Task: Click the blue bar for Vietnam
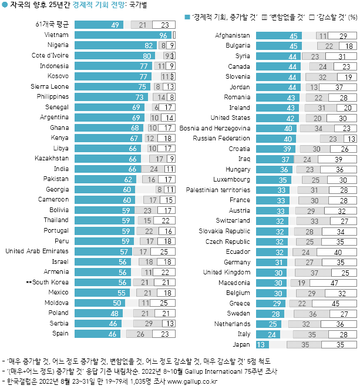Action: click(x=123, y=35)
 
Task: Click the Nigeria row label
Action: click(x=58, y=45)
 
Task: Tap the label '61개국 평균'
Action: click(x=52, y=25)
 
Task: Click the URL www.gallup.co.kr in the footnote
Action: click(x=194, y=381)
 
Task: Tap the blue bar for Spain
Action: click(x=98, y=334)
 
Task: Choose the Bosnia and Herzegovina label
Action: click(x=215, y=128)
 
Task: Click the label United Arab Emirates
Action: click(x=36, y=251)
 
